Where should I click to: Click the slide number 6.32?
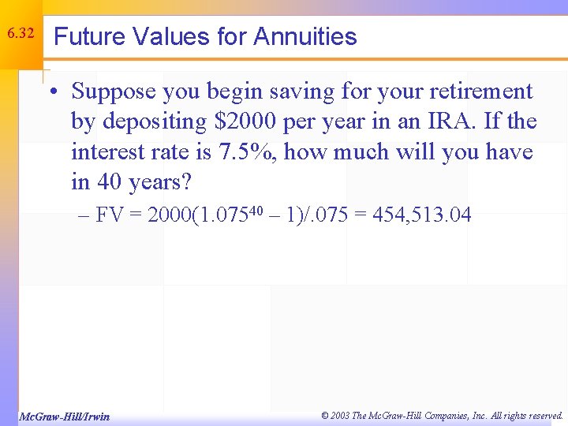[20, 34]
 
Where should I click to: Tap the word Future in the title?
[84, 36]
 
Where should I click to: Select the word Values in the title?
[155, 36]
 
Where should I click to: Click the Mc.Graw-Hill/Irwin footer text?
[64, 416]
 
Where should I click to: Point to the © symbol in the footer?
[326, 415]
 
